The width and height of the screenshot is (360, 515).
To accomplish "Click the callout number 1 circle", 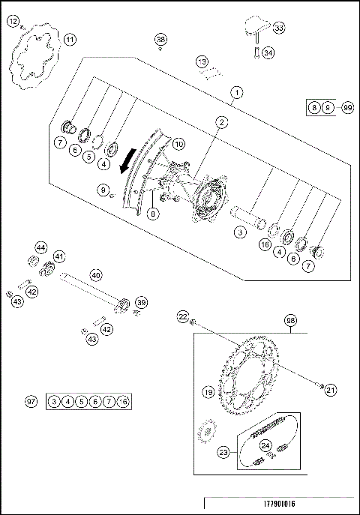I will coord(236,93).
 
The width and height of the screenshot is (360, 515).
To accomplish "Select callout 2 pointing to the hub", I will coord(222,121).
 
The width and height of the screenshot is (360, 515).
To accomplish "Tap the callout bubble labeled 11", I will coord(69,40).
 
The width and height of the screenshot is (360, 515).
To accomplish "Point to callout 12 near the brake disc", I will coord(13,22).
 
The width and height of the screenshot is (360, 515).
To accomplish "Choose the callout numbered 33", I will coord(279,28).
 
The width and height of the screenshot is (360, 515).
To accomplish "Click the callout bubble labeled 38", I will coord(160,39).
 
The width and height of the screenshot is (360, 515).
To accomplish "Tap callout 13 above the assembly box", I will coord(202,61).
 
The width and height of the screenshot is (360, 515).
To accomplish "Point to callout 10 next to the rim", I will coord(178,143).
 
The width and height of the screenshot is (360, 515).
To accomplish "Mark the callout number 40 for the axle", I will coord(95,274).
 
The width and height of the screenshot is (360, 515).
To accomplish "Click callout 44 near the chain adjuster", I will coord(40,247).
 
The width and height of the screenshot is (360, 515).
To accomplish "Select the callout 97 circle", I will coord(31,403).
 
